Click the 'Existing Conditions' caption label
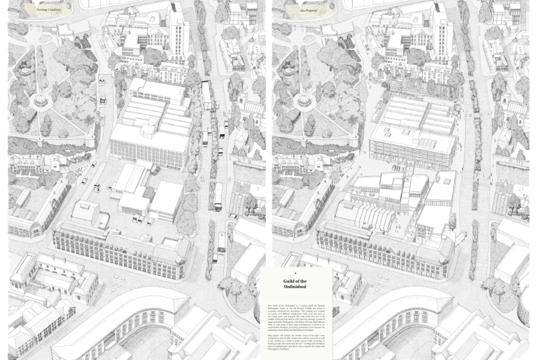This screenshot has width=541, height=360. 48,10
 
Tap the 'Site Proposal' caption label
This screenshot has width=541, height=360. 308,10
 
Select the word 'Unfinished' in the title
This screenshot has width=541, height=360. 295,286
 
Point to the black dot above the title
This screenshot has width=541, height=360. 295,274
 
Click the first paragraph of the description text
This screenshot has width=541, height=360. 296,317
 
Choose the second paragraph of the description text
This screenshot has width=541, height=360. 296,342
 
